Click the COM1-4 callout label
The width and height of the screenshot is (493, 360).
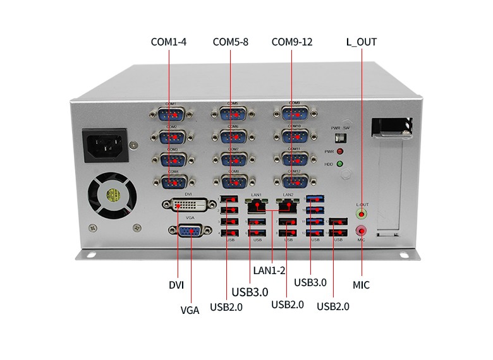168,42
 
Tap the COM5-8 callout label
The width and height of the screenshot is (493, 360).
230,42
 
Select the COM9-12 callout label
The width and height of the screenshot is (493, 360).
292,42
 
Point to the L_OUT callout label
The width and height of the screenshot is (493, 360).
362,42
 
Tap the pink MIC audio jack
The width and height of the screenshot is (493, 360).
362,231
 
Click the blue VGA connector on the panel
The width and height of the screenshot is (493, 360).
188,231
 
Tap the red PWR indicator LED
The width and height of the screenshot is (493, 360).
339,152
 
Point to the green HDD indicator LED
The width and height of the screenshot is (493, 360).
339,165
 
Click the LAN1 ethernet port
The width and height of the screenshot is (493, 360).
257,205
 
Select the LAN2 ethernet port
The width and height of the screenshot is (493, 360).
288,205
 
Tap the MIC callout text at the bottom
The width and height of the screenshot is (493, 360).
361,285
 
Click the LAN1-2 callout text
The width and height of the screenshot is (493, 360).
269,270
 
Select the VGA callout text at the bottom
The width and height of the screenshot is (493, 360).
190,310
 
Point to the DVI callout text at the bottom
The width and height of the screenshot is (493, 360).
176,285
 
